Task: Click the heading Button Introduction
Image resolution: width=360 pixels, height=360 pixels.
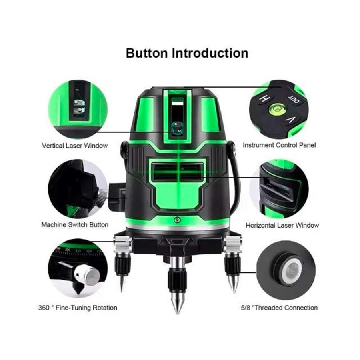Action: click(187, 53)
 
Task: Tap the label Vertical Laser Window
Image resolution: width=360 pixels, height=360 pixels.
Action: click(75, 146)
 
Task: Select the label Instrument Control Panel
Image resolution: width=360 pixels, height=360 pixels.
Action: click(279, 145)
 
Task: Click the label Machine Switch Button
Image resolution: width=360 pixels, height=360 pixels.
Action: click(75, 224)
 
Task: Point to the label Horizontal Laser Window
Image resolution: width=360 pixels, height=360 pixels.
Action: click(282, 225)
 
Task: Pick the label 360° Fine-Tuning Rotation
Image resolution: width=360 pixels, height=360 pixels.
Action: click(78, 308)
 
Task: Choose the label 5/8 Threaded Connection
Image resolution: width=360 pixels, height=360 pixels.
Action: click(279, 308)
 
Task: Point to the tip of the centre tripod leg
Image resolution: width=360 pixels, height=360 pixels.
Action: click(177, 313)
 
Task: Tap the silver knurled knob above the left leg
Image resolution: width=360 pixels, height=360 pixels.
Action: click(122, 244)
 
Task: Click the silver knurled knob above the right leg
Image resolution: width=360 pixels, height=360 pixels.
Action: click(233, 244)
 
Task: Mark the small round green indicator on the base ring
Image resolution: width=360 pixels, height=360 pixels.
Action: click(177, 220)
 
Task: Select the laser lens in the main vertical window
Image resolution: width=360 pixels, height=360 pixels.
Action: click(177, 128)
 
